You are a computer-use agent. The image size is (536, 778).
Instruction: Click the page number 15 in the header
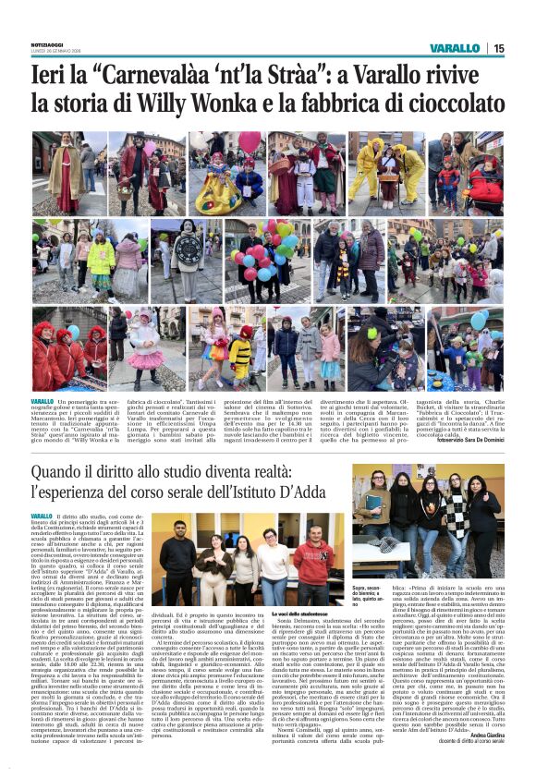click(x=499, y=48)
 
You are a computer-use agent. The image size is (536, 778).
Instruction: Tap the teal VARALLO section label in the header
click(x=455, y=48)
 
